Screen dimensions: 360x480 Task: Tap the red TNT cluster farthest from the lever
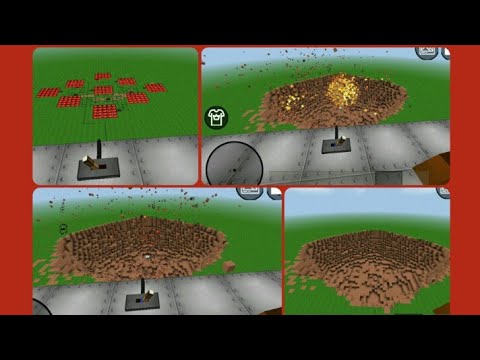click(103, 75)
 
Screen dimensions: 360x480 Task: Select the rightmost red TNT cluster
click(155, 88)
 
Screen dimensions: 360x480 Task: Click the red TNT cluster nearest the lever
click(105, 111)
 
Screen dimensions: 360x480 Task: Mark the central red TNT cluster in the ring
click(103, 91)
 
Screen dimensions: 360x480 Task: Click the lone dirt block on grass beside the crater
click(229, 266)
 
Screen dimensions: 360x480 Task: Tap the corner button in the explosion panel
click(428, 52)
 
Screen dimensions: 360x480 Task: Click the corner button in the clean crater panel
click(443, 191)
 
